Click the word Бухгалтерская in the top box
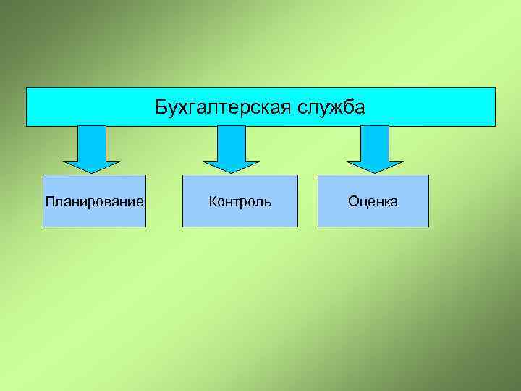coord(223,108)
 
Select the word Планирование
coord(94,201)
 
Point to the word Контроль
coord(240,201)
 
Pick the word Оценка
coord(373,201)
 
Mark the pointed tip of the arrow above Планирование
coord(92,172)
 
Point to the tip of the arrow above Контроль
coord(231,172)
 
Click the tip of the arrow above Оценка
coord(375,172)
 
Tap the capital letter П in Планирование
coord(49,201)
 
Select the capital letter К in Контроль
coord(213,201)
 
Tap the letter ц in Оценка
coord(363,203)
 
